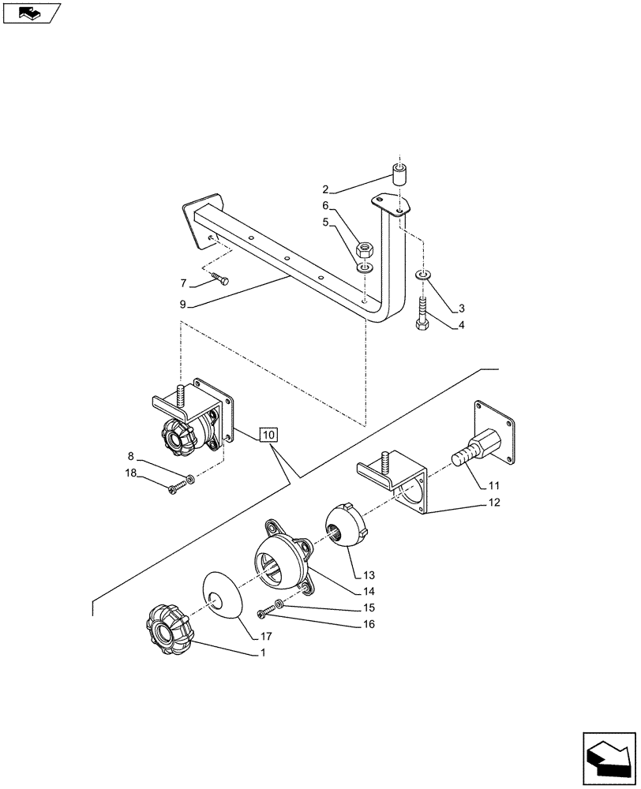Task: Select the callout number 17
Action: pyautogui.click(x=265, y=637)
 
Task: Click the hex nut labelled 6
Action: pyautogui.click(x=365, y=251)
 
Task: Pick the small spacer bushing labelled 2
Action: pyautogui.click(x=399, y=174)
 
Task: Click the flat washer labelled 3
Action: pyautogui.click(x=423, y=274)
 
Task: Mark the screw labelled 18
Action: pyautogui.click(x=175, y=488)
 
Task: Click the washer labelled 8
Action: pyautogui.click(x=189, y=480)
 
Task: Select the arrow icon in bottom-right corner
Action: pyautogui.click(x=609, y=759)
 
